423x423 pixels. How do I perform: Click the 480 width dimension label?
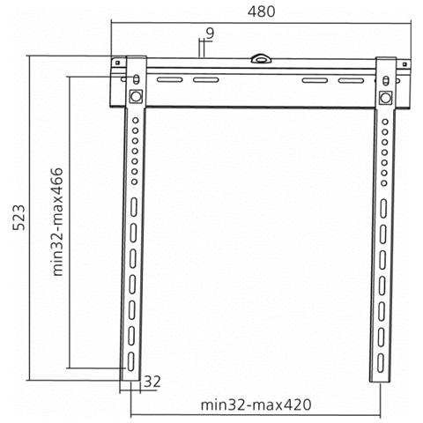(261, 11)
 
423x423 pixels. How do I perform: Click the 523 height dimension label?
(19, 217)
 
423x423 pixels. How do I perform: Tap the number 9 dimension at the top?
(210, 33)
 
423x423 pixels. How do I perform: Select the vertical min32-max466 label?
(57, 222)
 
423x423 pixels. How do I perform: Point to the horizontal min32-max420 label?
(256, 404)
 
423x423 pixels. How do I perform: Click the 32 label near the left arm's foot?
(152, 382)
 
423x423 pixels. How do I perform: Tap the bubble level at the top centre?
(261, 58)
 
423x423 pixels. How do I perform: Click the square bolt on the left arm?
(136, 96)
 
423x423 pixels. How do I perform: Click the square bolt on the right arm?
(385, 98)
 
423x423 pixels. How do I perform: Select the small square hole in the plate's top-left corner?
(117, 63)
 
